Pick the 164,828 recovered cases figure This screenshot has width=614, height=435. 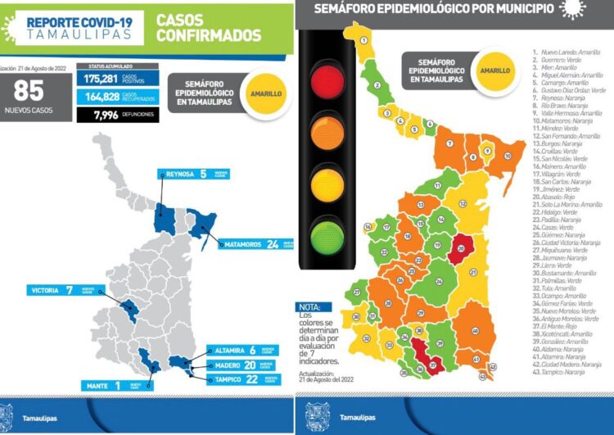pos(102,97)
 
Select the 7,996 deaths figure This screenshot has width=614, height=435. pos(97,116)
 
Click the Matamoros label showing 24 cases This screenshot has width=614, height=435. pos(250,244)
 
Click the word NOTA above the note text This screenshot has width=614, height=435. pos(309,308)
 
